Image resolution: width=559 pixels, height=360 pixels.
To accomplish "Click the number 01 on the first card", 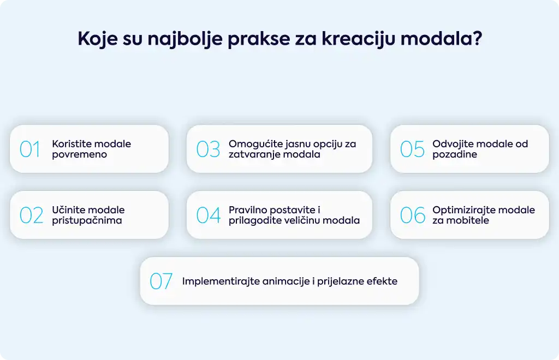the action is click(30, 149).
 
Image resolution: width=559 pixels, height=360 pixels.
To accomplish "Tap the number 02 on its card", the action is click(31, 215).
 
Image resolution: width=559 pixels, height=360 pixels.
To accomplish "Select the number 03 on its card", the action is click(208, 149).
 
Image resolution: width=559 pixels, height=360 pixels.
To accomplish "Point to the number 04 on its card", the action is click(209, 215).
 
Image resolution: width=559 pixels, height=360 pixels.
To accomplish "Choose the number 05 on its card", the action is click(412, 149).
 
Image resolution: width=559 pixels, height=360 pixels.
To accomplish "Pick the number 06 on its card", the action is click(413, 215).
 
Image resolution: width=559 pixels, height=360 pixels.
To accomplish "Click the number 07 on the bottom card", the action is click(161, 281).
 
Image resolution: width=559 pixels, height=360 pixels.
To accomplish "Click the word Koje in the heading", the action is click(98, 39).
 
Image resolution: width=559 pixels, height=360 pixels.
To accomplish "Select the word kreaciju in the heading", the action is click(359, 39).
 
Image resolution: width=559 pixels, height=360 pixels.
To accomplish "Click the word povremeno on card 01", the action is click(80, 154).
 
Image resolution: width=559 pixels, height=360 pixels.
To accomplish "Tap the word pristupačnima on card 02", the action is click(87, 220).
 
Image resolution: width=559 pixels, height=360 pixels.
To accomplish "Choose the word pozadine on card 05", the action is click(455, 154).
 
